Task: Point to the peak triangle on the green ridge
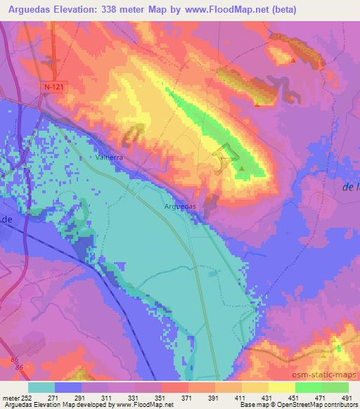[243, 169]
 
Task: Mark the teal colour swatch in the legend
[41, 387]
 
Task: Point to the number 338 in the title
[117, 10]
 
